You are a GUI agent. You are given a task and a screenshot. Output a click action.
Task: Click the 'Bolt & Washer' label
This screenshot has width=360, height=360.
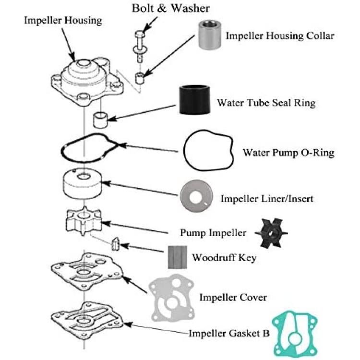170,8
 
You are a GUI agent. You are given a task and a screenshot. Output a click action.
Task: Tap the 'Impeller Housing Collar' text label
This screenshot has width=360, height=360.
280,36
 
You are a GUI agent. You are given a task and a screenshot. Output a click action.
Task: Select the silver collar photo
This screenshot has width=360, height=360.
210,35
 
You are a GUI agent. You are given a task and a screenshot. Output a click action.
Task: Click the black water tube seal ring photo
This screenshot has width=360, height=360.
195,100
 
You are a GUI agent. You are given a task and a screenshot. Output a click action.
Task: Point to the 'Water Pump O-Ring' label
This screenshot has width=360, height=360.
288,153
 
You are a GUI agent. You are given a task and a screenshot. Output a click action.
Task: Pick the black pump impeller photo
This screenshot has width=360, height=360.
271,233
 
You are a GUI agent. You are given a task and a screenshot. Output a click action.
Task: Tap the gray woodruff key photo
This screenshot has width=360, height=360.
177,257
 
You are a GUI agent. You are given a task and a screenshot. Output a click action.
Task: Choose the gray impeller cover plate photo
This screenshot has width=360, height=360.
172,298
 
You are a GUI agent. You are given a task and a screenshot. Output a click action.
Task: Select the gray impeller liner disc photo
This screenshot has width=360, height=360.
196,196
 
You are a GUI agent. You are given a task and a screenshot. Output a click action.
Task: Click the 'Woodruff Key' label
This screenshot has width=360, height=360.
224,258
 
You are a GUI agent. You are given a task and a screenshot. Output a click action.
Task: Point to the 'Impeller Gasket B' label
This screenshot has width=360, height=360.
228,334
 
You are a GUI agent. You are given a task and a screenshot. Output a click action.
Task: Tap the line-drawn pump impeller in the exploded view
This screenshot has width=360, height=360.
84,221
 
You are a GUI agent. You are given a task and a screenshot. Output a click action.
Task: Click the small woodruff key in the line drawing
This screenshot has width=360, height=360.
115,244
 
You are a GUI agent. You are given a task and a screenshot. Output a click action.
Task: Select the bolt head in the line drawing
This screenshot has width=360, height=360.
140,34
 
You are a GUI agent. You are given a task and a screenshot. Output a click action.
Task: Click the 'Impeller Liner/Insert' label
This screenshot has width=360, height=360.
267,199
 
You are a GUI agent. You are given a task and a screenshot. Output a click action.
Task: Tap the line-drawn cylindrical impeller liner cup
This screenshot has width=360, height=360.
83,183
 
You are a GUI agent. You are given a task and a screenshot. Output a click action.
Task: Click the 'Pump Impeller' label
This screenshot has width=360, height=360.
213,233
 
